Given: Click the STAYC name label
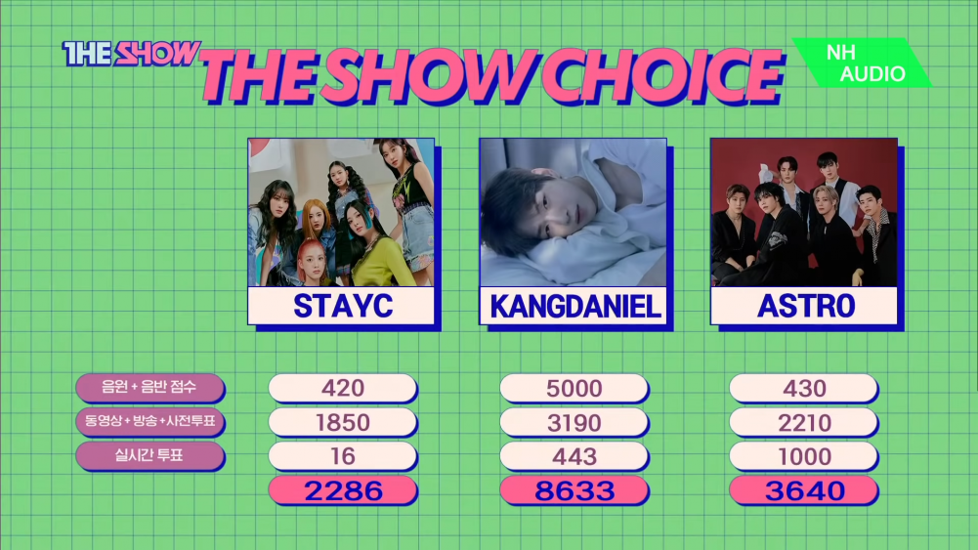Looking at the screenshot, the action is pos(341,306).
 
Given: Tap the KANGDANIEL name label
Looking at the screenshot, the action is pos(574,306).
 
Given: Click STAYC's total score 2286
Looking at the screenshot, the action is pos(342,490).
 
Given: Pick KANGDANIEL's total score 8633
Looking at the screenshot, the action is pos(574,490).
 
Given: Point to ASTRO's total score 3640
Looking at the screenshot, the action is pos(804,490).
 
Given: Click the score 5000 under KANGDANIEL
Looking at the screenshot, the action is pos(574,388).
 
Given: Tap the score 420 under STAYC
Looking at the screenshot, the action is pos(342,388).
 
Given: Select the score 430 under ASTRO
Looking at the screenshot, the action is pos(804,388).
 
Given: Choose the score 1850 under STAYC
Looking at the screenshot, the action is pos(342,422).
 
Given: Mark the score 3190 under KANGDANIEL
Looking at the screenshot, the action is pos(574,422).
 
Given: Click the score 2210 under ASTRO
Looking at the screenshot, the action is pos(804,422).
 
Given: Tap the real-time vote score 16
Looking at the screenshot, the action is pos(342,456).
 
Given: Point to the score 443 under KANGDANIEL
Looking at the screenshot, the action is pos(574,456).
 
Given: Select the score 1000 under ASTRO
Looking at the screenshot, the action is pos(804,456).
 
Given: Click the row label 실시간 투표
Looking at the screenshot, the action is pos(149,455).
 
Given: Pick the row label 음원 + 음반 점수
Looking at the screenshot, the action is pos(149,387).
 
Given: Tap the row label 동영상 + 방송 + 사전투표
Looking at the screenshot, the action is pos(149,422).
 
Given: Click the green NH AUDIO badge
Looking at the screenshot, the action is pos(863,63).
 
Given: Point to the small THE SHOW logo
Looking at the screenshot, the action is pos(131,54).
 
